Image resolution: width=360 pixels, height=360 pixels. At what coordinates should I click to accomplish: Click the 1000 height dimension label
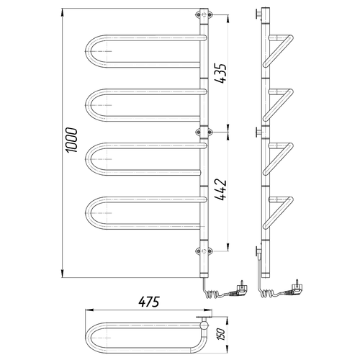click(x=72, y=140)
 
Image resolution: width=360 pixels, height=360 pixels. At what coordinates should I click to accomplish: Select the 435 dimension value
click(x=220, y=73)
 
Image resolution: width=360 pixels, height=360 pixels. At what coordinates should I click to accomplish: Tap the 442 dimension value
click(x=220, y=189)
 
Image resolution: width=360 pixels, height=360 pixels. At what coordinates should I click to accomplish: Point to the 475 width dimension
click(x=149, y=302)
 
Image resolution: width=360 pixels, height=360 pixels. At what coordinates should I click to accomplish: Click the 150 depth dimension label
click(x=221, y=334)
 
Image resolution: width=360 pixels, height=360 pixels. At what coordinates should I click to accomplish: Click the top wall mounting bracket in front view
click(x=204, y=15)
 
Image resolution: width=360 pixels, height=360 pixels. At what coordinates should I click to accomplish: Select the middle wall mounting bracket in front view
click(x=204, y=132)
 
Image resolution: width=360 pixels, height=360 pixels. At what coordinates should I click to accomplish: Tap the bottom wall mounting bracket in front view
click(x=204, y=251)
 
